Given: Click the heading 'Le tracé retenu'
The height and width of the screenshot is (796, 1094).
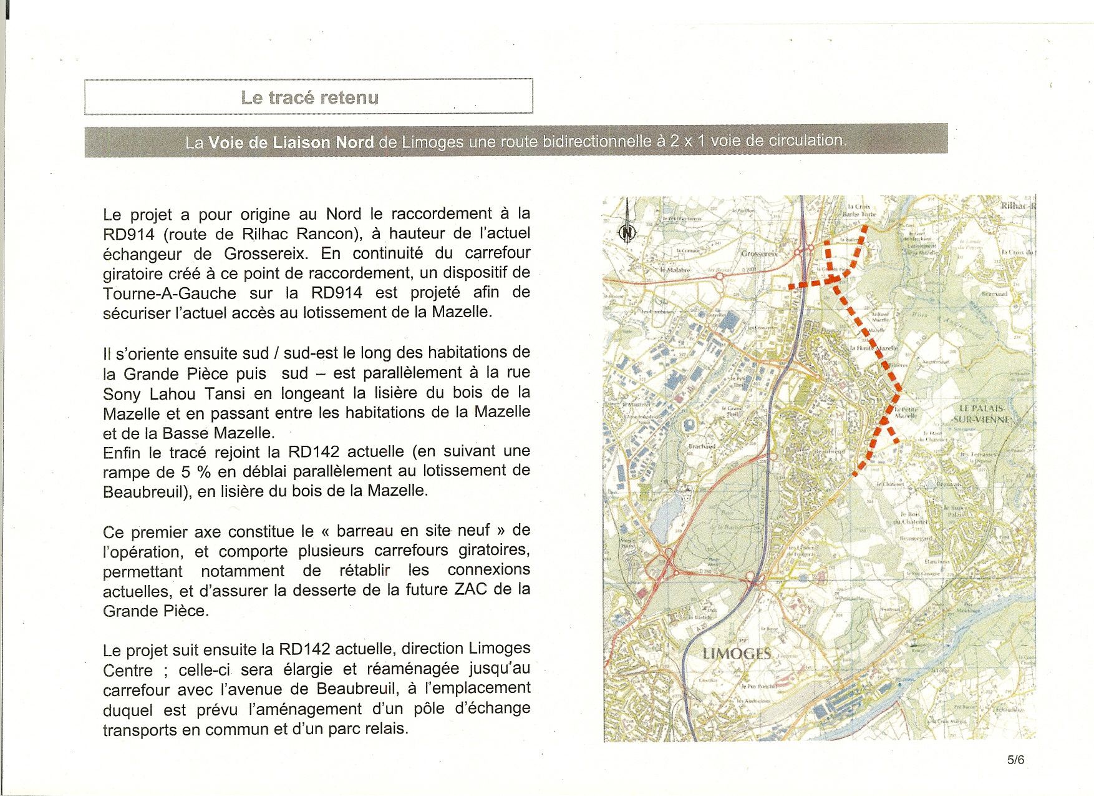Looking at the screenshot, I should click(x=309, y=97).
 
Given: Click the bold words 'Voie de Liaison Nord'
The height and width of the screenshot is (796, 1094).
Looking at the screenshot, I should click(x=291, y=142).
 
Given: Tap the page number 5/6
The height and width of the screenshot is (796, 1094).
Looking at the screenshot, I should click(x=1015, y=760).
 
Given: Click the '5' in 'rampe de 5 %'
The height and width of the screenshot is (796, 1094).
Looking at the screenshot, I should click(x=185, y=472).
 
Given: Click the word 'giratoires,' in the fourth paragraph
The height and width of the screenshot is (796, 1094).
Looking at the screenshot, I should click(x=494, y=551).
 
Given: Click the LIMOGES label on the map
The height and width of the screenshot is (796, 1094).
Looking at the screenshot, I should click(x=737, y=654).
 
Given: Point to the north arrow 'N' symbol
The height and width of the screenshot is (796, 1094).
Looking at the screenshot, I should click(x=627, y=233).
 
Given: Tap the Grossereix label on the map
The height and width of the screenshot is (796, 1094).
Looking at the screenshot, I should click(x=759, y=254).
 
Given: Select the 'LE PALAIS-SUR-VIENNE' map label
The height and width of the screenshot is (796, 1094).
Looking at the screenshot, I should click(x=986, y=413).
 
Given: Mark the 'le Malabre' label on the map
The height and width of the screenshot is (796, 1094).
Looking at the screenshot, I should click(x=675, y=270).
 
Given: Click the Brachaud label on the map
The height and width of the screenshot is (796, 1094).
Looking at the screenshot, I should click(x=702, y=446).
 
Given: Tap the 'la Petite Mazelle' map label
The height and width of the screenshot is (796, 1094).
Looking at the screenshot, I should click(x=906, y=412).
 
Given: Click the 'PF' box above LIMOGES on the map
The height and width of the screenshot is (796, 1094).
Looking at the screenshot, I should click(x=742, y=641).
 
